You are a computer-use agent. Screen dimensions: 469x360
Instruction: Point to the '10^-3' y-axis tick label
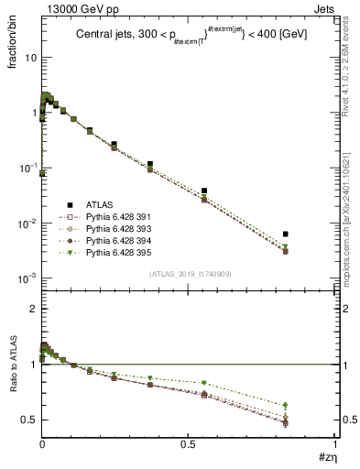[27, 278]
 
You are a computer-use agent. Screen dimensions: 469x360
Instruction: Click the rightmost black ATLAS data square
[286, 234]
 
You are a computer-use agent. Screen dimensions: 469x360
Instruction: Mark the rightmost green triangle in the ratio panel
[286, 405]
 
